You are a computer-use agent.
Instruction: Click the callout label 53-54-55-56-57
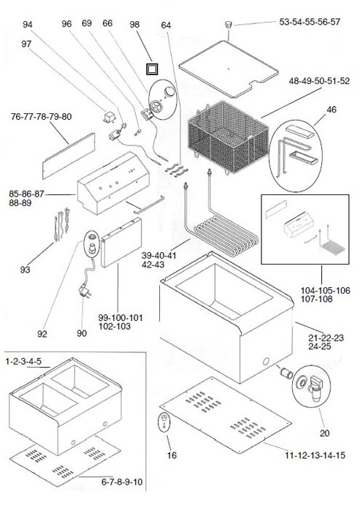[310, 22]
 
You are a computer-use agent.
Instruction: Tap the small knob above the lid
[228, 25]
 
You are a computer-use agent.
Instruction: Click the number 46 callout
[332, 110]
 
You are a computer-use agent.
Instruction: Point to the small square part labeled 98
[152, 69]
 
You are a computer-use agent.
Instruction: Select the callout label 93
[25, 270]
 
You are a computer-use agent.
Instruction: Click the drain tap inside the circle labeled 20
[315, 389]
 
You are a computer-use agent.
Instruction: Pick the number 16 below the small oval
[172, 455]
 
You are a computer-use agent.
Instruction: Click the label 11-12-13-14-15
[315, 455]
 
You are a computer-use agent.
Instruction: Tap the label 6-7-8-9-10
[122, 482]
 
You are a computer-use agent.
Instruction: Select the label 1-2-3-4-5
[23, 361]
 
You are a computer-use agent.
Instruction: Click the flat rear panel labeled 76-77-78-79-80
[69, 156]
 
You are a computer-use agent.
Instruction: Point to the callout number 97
[26, 44]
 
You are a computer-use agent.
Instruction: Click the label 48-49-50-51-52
[319, 81]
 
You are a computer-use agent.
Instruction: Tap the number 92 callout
[42, 334]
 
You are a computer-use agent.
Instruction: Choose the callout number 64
[166, 25]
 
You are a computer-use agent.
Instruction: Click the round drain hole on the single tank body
[266, 361]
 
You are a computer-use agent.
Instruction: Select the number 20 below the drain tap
[325, 433]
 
